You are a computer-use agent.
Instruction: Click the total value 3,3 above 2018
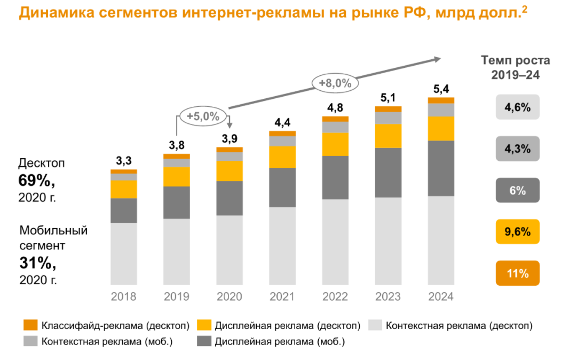(124, 161)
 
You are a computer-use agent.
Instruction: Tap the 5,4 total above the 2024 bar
(441, 89)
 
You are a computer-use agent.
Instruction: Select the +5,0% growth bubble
(203, 116)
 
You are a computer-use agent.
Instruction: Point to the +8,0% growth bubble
(335, 83)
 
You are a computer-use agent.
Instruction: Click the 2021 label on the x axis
(282, 297)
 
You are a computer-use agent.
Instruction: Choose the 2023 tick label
(388, 297)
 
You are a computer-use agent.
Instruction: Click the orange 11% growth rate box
(517, 273)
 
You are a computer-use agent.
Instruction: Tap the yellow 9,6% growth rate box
(517, 232)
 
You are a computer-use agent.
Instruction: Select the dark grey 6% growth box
(517, 191)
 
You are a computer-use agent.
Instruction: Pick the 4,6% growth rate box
(517, 107)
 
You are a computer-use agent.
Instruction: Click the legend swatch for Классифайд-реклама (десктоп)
(30, 325)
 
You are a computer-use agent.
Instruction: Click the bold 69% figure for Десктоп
(36, 181)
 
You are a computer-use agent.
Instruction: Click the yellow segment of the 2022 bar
(335, 144)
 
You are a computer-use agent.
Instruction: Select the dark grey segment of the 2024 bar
(441, 168)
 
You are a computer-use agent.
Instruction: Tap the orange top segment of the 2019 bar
(177, 156)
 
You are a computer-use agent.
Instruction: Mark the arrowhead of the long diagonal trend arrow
(438, 59)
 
